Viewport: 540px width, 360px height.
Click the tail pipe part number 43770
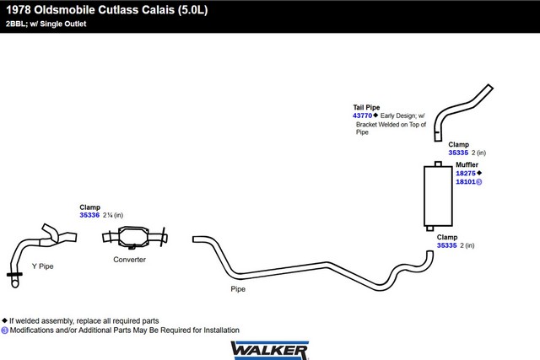(362, 116)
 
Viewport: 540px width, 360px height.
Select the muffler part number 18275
(466, 173)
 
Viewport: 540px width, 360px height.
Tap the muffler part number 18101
(466, 182)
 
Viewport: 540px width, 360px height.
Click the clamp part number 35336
(89, 215)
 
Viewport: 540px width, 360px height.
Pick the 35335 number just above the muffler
(458, 153)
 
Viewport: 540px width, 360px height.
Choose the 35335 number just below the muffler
(447, 245)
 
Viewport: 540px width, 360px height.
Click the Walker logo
(270, 351)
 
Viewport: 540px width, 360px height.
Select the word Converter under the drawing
(129, 260)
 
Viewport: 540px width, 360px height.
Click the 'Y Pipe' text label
(43, 266)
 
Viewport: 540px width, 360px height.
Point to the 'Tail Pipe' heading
(366, 107)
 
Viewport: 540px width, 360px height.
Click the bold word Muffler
(467, 165)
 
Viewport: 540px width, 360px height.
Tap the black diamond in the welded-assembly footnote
(4, 320)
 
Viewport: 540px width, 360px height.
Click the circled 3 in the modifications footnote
(4, 330)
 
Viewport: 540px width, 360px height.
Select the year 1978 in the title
(19, 10)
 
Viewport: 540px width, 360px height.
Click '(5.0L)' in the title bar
(193, 10)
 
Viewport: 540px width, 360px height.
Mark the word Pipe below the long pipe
(238, 289)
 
